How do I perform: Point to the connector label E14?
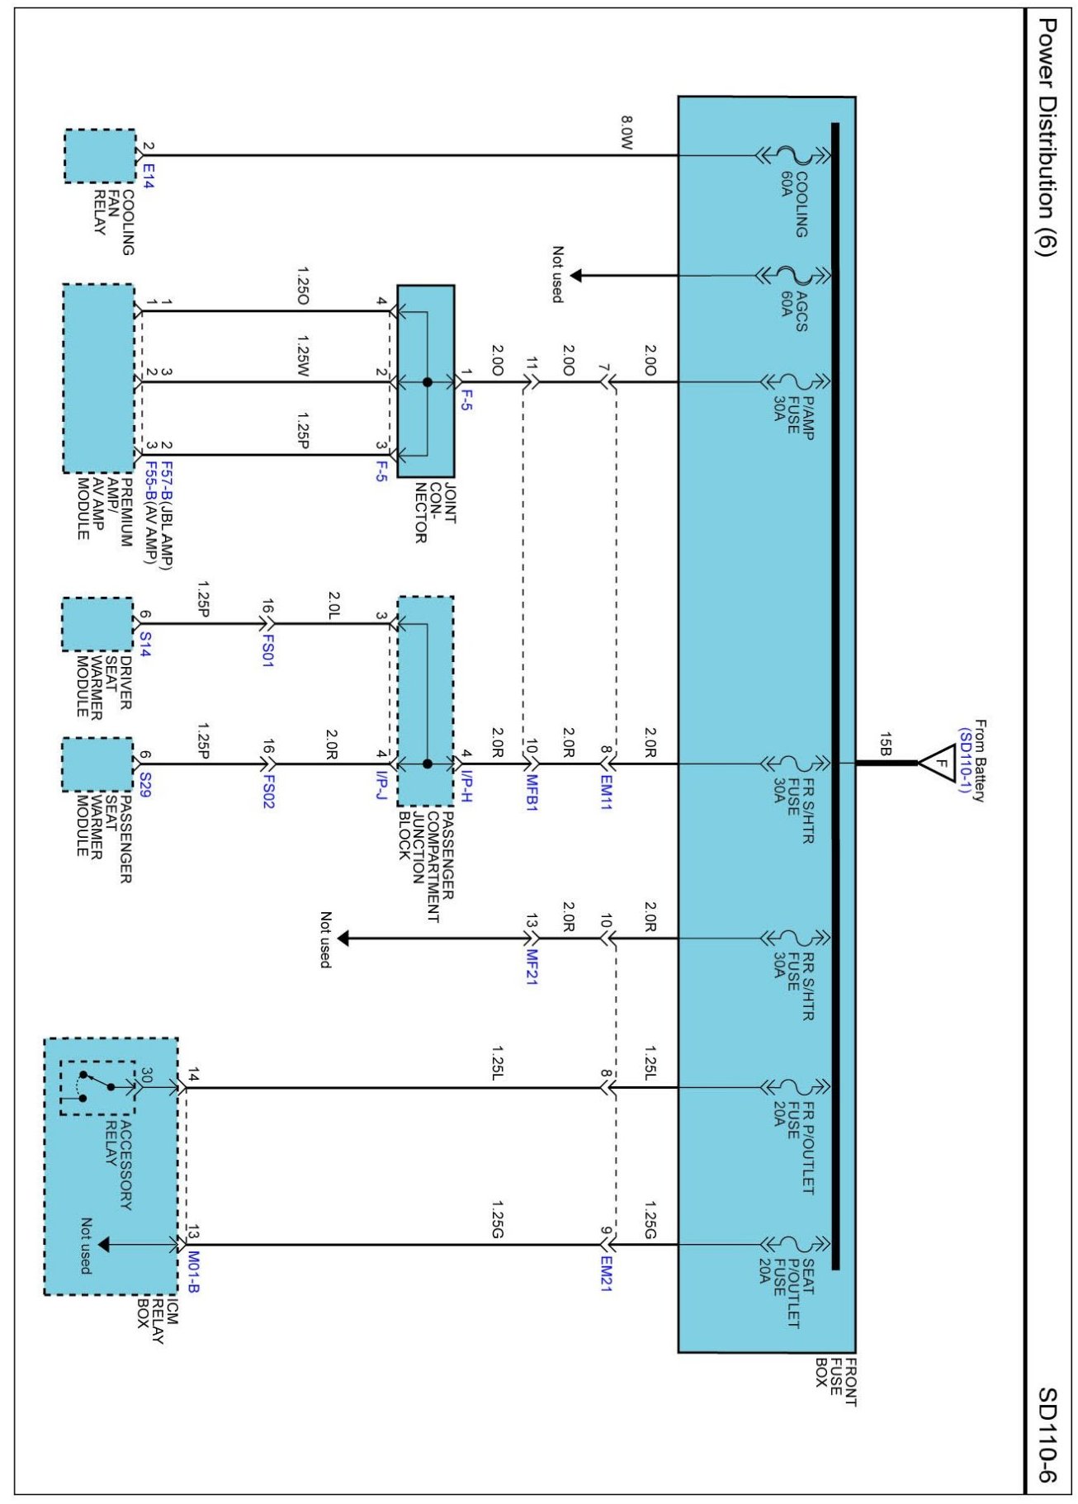coord(149,175)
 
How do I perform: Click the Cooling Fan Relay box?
coord(100,156)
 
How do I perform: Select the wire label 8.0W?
coord(626,132)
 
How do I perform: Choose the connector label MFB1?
coord(532,792)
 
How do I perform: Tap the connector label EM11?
coord(606,792)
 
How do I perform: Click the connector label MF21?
coord(532,967)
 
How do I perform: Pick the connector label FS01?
coord(267,650)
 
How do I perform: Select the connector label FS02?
coord(267,791)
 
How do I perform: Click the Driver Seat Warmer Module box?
coord(97,624)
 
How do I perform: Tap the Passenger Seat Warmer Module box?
coord(97,764)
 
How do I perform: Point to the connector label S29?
coord(145,784)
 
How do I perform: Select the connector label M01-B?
coord(193,1272)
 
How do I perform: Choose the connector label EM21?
coord(606,1274)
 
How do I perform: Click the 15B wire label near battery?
coord(885,744)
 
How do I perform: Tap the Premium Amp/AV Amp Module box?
coord(99,379)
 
